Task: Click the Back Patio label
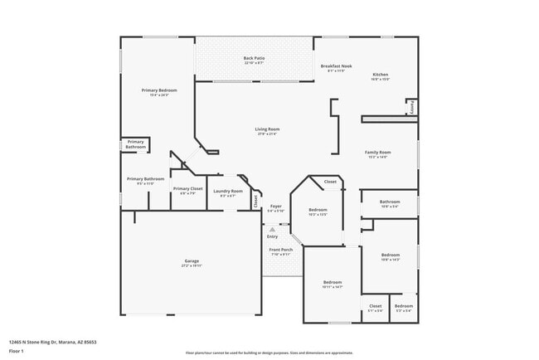(x=254, y=60)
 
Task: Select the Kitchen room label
(x=380, y=75)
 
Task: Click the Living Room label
(x=267, y=129)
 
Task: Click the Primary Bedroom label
(x=159, y=90)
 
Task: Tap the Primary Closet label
(x=187, y=189)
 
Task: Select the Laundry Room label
(x=227, y=192)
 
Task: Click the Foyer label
(x=275, y=207)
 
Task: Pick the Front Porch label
(x=280, y=250)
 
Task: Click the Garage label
(x=192, y=261)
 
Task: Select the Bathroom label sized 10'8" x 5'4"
(x=390, y=202)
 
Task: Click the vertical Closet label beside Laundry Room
(x=255, y=200)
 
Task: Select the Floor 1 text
(x=16, y=351)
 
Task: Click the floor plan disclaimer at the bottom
(x=269, y=353)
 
